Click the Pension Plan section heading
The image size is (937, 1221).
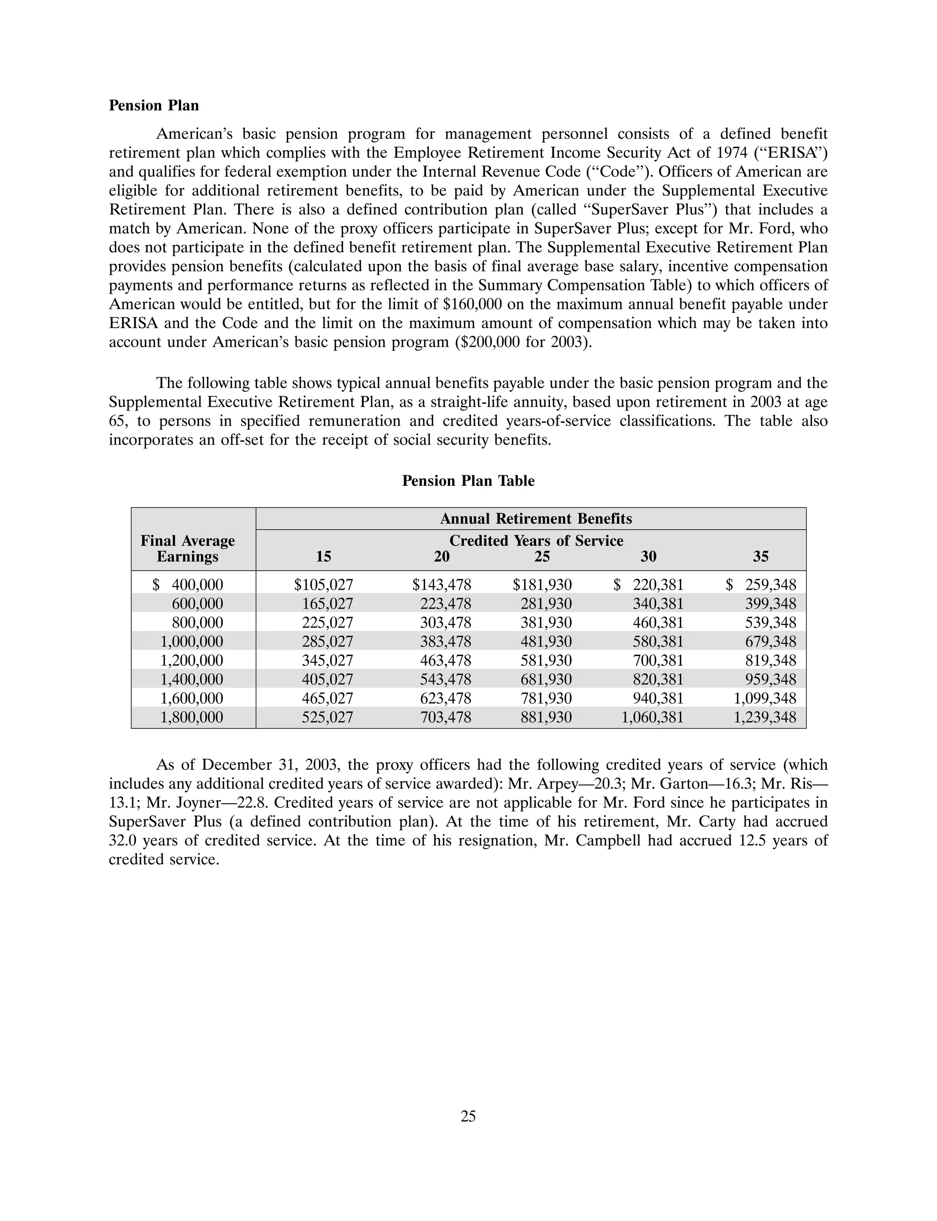(x=153, y=105)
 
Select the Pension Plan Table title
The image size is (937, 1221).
(x=468, y=481)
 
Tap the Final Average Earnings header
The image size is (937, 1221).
(x=188, y=549)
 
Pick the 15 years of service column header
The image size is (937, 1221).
(x=323, y=556)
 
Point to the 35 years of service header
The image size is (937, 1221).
(x=761, y=556)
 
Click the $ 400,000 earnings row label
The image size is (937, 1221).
(x=188, y=585)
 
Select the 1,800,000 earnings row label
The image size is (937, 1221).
(x=192, y=717)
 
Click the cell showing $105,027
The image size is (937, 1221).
(x=323, y=585)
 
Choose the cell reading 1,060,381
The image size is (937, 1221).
(x=652, y=717)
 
